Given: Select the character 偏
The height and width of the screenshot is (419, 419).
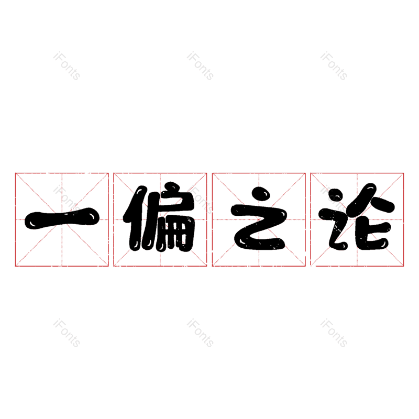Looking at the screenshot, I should tap(160, 219).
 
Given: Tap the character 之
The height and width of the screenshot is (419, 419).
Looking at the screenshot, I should tap(259, 220).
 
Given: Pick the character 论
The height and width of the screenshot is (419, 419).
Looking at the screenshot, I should tap(357, 220).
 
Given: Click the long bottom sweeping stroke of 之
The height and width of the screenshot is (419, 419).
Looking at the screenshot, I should tap(262, 242).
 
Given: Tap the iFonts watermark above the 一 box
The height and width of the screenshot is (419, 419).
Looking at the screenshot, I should tap(67, 66).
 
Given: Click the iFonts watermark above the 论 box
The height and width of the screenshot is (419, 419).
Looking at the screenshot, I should tap(334, 66).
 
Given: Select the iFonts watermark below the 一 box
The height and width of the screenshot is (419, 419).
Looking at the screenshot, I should tap(67, 333).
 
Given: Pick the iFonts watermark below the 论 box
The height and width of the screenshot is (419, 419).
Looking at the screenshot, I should tap(334, 333).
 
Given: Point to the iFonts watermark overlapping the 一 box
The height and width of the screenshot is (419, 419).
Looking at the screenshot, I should tap(67, 200).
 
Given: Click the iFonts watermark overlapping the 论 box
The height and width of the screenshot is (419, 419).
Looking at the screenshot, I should tap(334, 200).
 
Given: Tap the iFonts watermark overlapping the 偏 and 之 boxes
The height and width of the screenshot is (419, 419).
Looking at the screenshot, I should tap(200, 200).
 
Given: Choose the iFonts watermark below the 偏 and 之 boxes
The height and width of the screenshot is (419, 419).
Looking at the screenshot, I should tap(200, 333).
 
